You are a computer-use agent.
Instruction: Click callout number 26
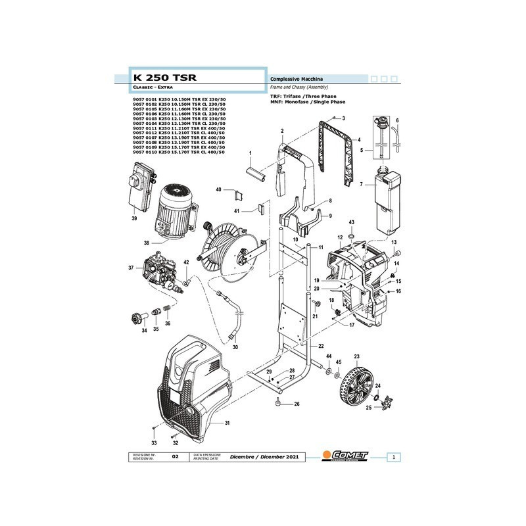(297, 404)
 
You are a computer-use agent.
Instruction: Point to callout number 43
(351, 223)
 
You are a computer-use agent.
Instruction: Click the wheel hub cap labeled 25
(384, 400)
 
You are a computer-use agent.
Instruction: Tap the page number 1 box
(393, 456)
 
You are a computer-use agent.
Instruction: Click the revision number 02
(175, 456)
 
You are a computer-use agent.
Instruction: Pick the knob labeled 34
(135, 320)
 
